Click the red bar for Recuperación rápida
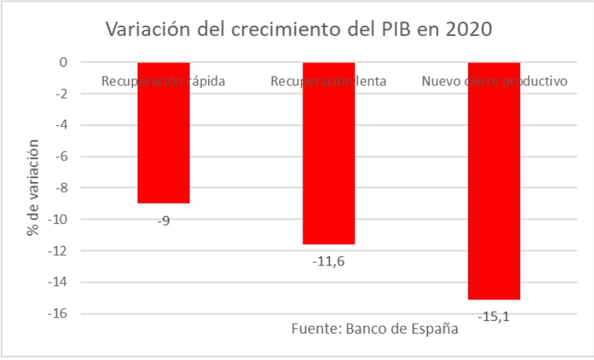coord(163,139)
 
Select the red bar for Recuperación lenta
coord(329,160)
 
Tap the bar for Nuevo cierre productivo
coord(494,188)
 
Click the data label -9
coord(163,221)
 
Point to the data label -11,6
coord(329,262)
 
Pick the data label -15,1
coord(495,317)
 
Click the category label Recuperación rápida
coord(163,81)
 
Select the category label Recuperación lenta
coord(328,81)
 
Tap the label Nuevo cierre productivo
coord(495,81)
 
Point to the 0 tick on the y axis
coord(63,63)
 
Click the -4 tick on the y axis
coord(61,125)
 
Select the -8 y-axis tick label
coord(61,188)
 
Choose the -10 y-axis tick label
coord(58,220)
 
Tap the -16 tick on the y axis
coord(58,314)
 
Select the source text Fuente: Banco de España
coord(374,329)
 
